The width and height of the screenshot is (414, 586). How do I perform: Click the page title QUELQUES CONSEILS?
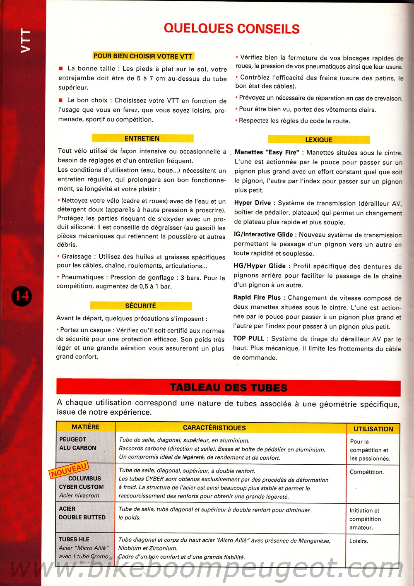point(231,29)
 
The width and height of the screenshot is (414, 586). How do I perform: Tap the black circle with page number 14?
point(22,295)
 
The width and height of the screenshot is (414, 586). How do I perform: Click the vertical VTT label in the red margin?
point(25,41)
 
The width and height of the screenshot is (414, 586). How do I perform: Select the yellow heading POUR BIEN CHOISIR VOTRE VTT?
point(143,56)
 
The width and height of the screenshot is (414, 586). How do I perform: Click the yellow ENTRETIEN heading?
point(142,138)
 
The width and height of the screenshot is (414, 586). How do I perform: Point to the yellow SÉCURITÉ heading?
point(141,306)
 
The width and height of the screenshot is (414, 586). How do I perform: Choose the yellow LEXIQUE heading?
point(319,140)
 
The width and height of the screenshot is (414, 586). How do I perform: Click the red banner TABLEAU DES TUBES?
point(229,388)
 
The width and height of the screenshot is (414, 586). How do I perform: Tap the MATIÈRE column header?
point(86,427)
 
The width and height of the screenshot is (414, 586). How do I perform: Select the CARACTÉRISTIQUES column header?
point(214,428)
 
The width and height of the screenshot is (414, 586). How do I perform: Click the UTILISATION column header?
point(373,429)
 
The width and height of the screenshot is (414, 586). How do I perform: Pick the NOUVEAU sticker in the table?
point(69,470)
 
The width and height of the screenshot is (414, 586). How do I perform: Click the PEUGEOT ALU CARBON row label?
point(78,444)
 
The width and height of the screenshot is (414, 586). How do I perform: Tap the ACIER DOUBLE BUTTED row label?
point(82,513)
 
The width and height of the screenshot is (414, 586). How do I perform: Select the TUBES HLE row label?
point(74,539)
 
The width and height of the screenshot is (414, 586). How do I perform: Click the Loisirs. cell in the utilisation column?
point(359,541)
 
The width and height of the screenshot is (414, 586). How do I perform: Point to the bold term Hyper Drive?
point(252,203)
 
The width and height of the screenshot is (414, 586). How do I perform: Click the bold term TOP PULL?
point(248,339)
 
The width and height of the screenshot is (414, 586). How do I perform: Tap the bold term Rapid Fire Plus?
point(257,298)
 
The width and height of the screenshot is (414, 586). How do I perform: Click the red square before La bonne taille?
point(61,68)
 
